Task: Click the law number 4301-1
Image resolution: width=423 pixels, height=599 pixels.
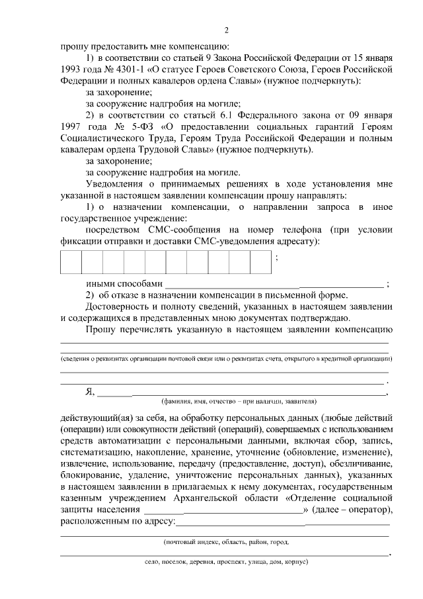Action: point(135,68)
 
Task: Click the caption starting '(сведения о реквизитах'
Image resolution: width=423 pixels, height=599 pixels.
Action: point(225,358)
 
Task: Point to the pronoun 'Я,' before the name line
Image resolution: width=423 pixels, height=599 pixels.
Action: point(91,391)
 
